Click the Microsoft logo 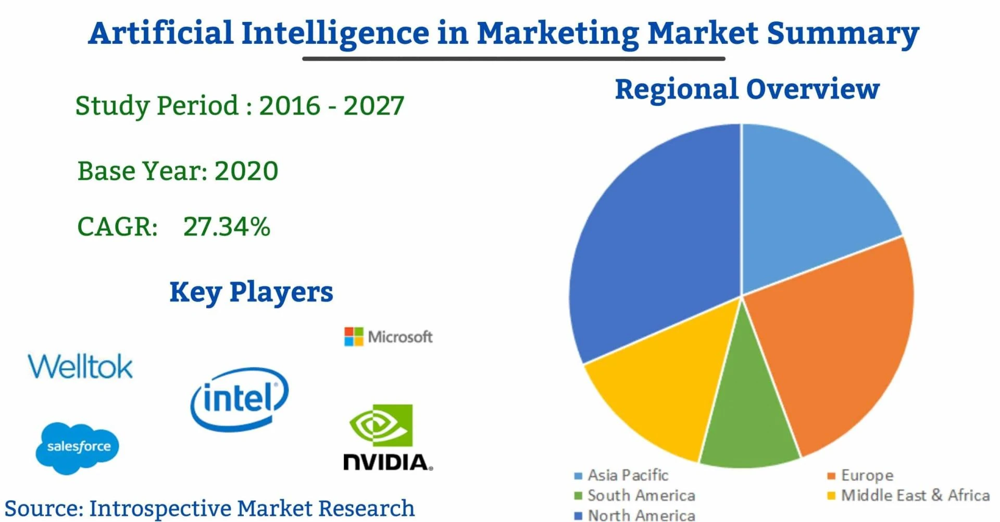389,337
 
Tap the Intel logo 239,399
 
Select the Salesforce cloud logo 78,447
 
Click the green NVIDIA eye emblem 381,425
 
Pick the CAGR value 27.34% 227,227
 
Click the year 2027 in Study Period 373,106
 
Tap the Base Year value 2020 246,171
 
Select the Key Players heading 251,292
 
